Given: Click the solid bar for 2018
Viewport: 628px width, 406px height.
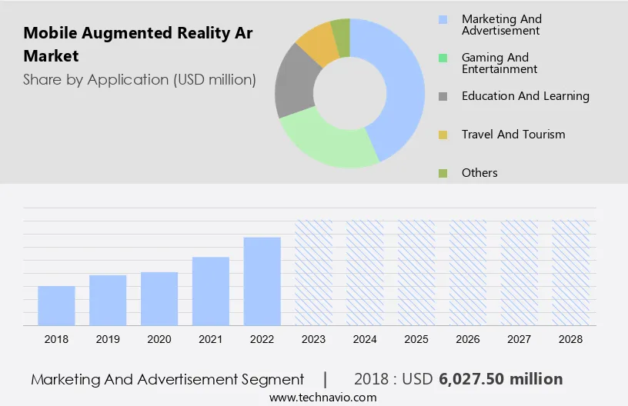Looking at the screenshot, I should click(56, 305).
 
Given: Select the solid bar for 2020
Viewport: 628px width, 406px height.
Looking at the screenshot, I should click(159, 298).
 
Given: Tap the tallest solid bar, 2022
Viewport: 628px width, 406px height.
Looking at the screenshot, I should click(262, 281).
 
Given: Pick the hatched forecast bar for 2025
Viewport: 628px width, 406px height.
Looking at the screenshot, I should click(416, 272).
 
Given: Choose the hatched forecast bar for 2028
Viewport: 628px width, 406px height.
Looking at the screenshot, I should click(571, 272).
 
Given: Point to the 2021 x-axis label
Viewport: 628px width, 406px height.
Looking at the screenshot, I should click(211, 339).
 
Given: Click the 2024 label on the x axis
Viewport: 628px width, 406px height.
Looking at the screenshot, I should click(365, 339).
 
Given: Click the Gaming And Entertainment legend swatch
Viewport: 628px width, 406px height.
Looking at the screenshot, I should click(443, 58).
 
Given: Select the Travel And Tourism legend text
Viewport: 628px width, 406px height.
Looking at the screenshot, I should click(513, 135).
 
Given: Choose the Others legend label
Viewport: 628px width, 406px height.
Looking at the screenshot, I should click(479, 173).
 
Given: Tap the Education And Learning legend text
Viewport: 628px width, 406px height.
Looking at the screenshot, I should click(525, 96).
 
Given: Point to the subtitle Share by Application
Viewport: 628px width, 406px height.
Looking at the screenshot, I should click(139, 79).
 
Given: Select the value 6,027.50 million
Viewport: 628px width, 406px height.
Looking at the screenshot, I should click(500, 379).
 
